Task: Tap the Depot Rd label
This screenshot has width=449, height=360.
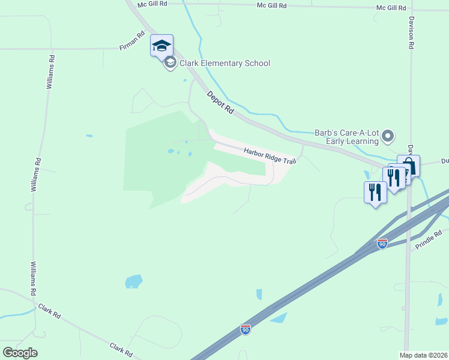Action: pos(220,103)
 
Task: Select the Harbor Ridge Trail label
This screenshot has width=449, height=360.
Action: pos(270,156)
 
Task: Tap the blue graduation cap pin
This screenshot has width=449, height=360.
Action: pos(161,45)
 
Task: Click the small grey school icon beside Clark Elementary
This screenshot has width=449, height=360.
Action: pos(170,64)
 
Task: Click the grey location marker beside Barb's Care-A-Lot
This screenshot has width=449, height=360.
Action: pos(388,137)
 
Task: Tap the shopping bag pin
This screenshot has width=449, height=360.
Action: pos(409,165)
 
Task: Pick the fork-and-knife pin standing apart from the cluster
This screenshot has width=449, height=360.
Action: pos(375,193)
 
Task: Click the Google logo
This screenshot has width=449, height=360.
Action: pos(20,353)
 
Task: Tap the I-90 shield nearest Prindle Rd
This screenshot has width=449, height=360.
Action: pos(382,244)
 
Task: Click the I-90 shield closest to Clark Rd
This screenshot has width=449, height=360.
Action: pos(246,329)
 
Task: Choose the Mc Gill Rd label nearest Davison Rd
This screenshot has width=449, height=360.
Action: pos(391,7)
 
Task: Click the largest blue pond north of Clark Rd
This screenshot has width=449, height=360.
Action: pos(133,281)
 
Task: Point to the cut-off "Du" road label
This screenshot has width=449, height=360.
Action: pos(445,161)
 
